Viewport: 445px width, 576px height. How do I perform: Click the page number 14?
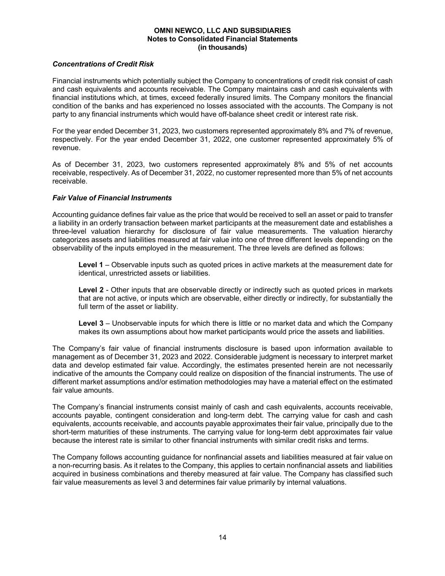point(222,537)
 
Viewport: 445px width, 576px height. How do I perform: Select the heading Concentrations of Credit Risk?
point(103,64)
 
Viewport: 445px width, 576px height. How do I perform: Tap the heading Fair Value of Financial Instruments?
point(112,198)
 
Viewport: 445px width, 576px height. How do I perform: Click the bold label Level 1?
point(91,265)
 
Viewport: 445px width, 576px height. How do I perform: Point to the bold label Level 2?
point(91,290)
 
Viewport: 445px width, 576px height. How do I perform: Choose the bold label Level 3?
point(91,324)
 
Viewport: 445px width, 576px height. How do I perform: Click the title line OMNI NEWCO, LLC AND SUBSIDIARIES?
point(222,31)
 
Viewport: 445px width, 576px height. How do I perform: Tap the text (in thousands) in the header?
point(222,48)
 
